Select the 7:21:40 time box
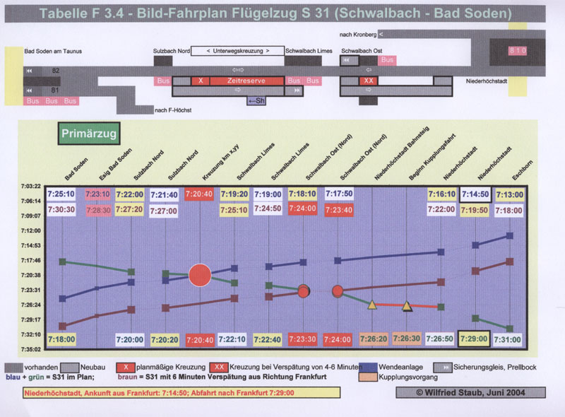point(164,194)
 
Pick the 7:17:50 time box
point(338,194)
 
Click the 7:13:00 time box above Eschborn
point(509,194)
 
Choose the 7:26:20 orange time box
point(373,339)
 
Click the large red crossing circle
point(200,275)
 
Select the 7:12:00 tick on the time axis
point(31,230)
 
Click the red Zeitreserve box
point(247,81)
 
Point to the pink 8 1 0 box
point(518,51)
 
